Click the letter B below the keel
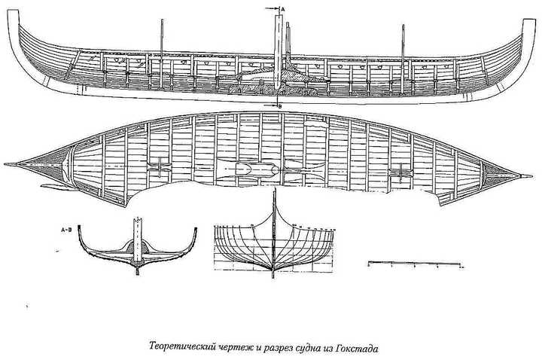coord(281,106)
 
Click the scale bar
coord(413,264)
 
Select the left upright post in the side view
coord(163,41)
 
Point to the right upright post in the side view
coord(404,45)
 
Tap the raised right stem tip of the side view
coord(524,23)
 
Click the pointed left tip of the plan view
coord(8,163)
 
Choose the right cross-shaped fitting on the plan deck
coord(399,173)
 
